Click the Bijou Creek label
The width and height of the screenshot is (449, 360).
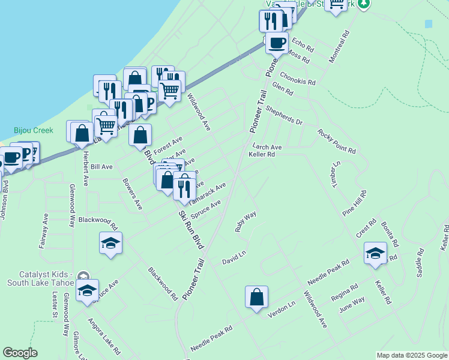point(34,130)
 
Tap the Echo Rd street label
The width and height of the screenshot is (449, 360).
point(302,44)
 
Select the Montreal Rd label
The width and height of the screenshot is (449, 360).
point(339,48)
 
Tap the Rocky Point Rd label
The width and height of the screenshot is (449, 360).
point(337,141)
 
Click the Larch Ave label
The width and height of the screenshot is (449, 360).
point(267,146)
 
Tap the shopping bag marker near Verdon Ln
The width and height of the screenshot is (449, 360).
point(256,297)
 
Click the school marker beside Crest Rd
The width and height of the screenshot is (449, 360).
point(375,252)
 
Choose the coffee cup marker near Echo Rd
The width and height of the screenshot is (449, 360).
point(276,43)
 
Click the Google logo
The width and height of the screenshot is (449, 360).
point(20,353)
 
